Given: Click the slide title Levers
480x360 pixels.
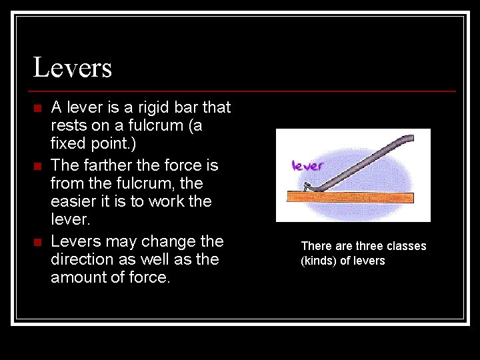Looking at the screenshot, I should click(x=72, y=68).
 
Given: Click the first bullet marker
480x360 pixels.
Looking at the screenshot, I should click(x=37, y=108).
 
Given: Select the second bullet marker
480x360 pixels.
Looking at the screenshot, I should click(x=37, y=165).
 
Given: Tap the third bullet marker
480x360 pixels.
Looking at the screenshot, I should click(x=37, y=241).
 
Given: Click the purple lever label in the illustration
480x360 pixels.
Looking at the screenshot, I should click(x=307, y=165).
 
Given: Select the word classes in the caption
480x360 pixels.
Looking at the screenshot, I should click(x=409, y=246).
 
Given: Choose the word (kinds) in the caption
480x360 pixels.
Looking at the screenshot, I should click(x=319, y=261).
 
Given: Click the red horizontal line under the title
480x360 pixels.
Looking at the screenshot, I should click(x=244, y=91).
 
